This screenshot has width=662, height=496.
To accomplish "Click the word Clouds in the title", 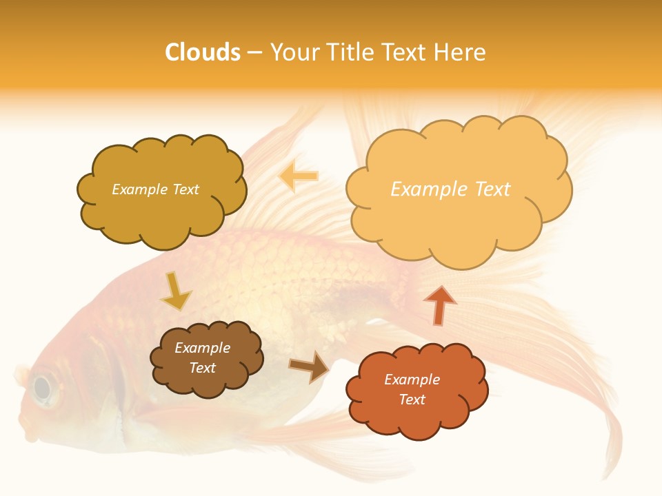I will (203, 52).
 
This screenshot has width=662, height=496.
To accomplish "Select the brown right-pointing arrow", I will (309, 367).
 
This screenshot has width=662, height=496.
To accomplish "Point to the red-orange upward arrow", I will (440, 304).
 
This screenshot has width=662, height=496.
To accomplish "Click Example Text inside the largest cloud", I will (450, 189).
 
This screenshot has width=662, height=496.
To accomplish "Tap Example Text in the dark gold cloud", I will (155, 189).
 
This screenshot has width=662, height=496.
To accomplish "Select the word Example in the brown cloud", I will (202, 348).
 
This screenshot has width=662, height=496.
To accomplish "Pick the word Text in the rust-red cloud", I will (412, 400).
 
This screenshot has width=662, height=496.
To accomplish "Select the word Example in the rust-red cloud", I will (412, 380).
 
